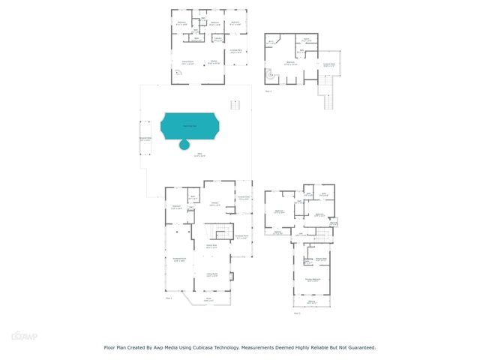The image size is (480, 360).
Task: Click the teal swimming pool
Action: (188, 125)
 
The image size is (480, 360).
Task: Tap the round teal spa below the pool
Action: (184, 145)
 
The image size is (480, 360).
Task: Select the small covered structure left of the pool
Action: (145, 139)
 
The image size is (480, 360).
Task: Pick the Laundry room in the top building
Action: (217, 39)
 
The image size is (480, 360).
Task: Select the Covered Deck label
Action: (328, 64)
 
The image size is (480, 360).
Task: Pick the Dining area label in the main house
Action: (211, 247)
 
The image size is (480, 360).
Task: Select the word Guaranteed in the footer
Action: (358, 347)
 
